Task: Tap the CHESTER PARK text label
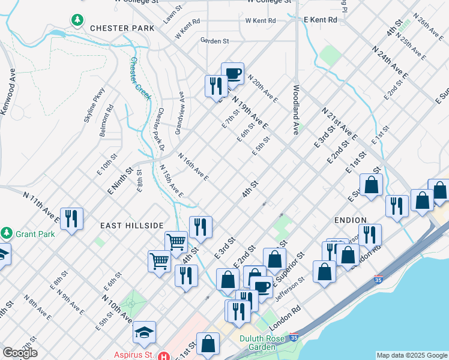[x=122, y=28]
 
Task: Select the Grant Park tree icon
[x=7, y=232]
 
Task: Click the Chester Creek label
[x=141, y=79]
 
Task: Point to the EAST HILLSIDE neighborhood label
[x=132, y=225]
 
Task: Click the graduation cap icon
[x=144, y=332]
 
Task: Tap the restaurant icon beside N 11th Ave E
[x=71, y=218]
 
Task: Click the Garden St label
[x=215, y=41]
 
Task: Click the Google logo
[x=20, y=352]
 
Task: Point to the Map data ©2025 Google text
[x=412, y=355]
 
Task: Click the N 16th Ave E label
[x=193, y=166]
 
